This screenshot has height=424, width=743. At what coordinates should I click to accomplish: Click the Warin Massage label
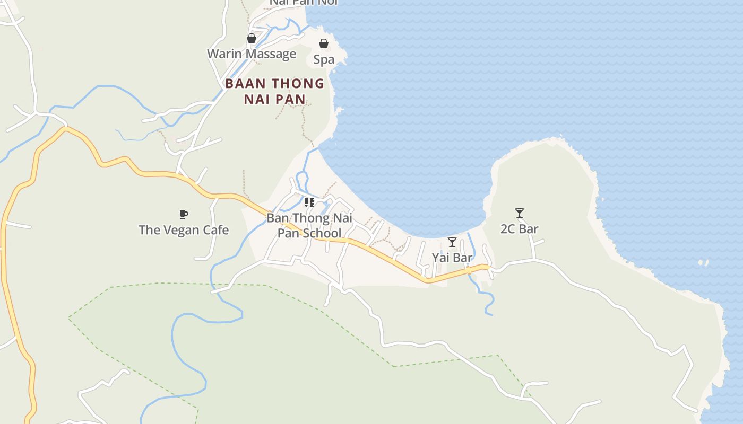coord(251,54)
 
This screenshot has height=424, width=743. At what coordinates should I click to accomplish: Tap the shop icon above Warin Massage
coord(252,38)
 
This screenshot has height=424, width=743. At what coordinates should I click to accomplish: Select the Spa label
coord(324,59)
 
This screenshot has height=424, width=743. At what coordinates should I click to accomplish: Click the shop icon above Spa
coord(324,43)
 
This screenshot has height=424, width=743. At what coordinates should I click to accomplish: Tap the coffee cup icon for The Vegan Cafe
coord(184,214)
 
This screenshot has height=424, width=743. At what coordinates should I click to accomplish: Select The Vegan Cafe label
coord(184,230)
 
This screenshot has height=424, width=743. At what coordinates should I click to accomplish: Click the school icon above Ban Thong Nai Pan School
coord(309,202)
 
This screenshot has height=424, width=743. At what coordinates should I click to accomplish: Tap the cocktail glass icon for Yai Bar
coord(452,242)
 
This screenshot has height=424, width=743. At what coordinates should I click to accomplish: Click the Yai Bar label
coord(452,258)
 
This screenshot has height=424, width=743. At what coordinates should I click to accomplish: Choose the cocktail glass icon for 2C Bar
coord(520,213)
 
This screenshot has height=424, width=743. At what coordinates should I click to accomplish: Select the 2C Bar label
coord(520,229)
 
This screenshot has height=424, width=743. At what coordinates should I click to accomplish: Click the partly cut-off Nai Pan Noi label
coord(304,3)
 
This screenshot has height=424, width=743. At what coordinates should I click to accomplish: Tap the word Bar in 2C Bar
coord(529,229)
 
